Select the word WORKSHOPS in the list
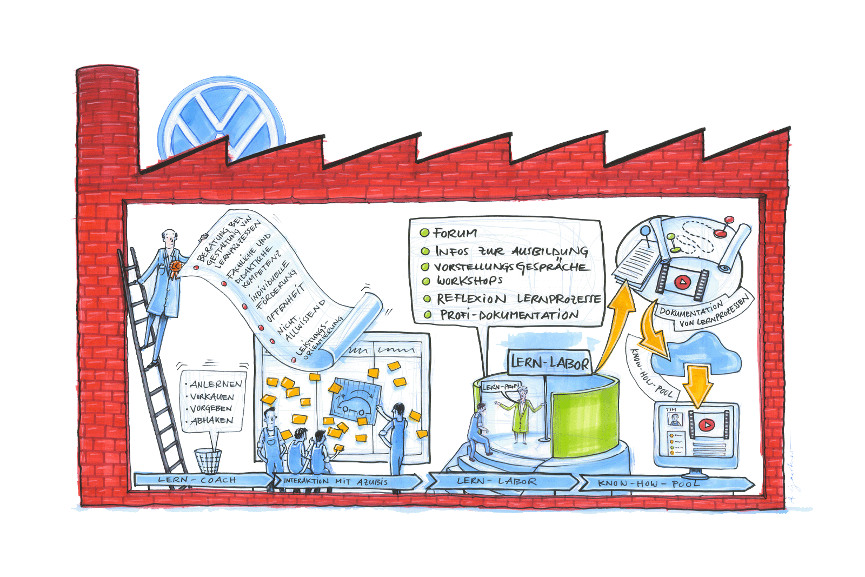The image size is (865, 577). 470,281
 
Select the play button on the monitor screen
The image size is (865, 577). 705,425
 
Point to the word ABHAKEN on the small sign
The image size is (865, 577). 212,420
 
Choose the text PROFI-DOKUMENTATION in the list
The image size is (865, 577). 509,315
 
